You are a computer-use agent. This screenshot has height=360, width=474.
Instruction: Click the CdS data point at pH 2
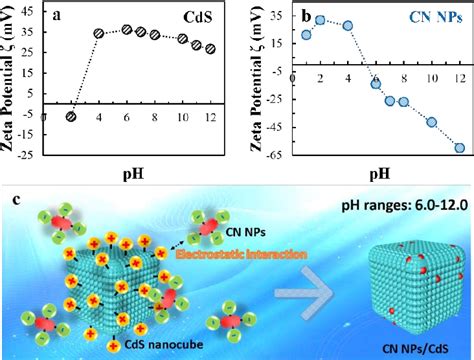[x=71, y=116]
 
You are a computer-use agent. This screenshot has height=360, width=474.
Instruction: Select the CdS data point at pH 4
[x=99, y=33]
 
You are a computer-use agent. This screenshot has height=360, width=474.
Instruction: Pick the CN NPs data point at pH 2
[x=320, y=19]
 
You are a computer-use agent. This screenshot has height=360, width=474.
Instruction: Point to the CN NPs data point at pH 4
[x=348, y=25]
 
